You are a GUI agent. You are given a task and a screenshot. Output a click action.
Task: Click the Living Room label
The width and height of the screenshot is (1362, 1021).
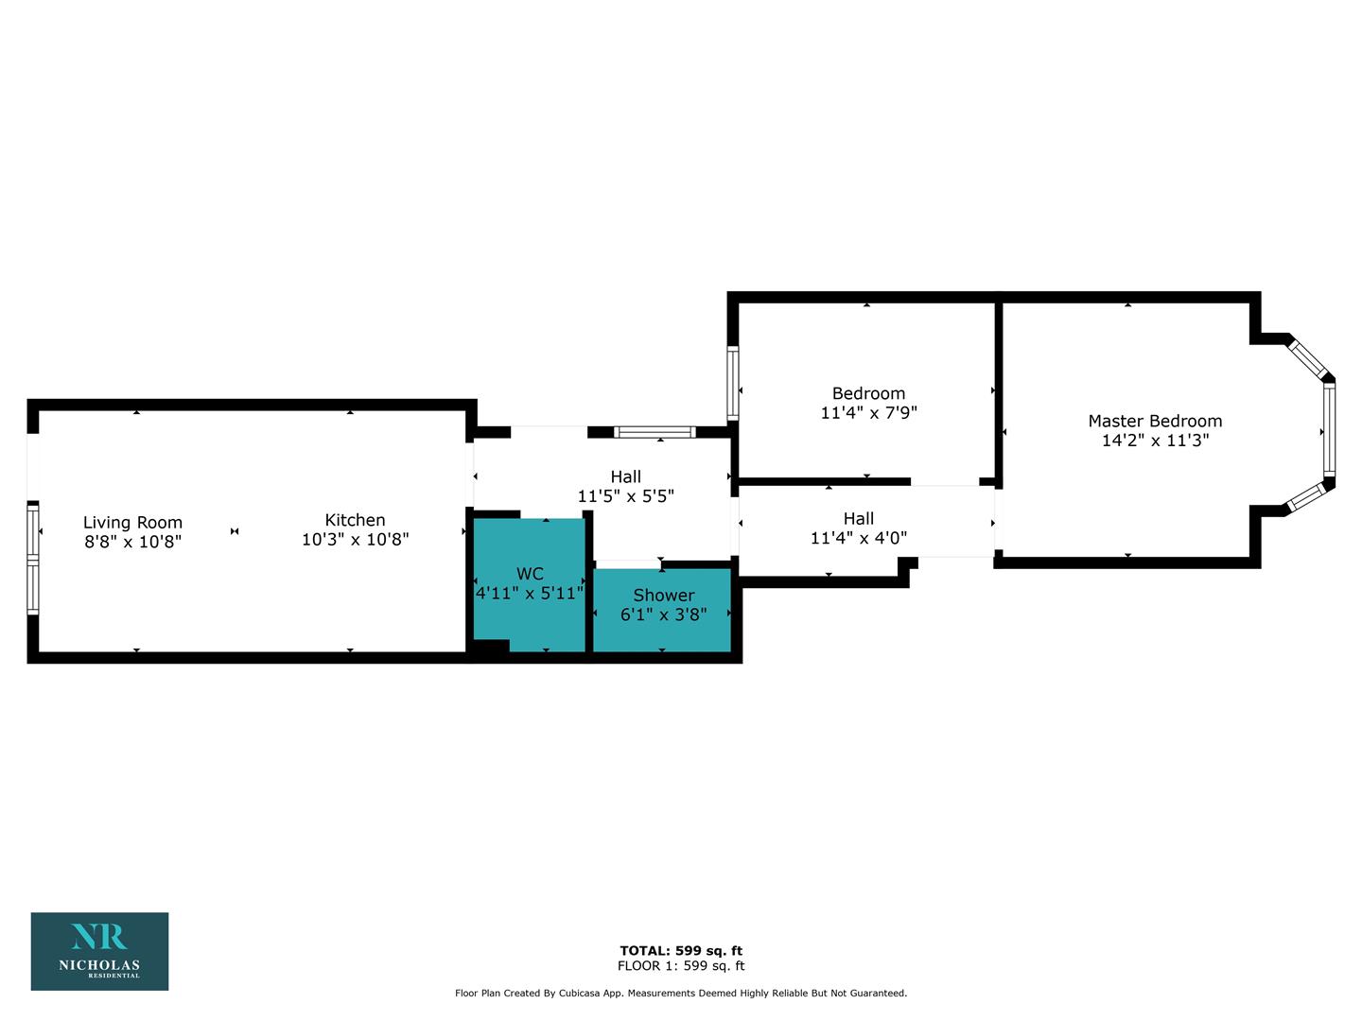click(132, 523)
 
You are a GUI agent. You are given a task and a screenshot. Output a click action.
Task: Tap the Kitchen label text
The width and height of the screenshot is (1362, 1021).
click(355, 520)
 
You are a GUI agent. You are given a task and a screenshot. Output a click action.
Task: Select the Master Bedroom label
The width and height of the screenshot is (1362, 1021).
click(1155, 421)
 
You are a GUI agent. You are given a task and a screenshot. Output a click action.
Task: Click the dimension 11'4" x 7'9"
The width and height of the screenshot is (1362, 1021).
click(868, 413)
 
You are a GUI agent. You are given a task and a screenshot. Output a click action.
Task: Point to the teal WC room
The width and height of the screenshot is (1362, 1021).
click(530, 584)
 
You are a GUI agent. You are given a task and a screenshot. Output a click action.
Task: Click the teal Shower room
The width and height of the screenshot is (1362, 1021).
click(662, 610)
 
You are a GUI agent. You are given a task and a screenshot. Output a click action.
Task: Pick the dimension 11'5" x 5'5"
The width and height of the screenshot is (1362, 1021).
click(625, 496)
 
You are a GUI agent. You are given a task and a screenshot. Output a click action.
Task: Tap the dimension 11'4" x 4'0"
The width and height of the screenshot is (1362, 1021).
click(859, 538)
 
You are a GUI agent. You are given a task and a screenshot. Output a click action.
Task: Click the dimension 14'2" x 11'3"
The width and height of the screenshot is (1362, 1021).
click(1155, 441)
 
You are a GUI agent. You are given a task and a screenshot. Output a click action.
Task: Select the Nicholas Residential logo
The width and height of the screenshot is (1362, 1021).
click(100, 951)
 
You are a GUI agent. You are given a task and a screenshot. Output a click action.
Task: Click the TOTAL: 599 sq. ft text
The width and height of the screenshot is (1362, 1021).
click(681, 950)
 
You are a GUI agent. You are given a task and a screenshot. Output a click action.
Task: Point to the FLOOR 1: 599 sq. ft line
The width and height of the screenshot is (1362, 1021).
click(681, 965)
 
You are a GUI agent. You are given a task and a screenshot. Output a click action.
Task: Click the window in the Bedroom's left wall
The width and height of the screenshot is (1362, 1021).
click(733, 384)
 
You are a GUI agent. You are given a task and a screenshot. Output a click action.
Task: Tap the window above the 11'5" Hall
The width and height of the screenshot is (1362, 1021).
click(655, 432)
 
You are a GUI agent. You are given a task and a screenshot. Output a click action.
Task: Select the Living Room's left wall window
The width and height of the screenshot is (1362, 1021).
click(33, 559)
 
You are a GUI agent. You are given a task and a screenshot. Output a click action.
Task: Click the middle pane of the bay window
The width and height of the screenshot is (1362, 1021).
click(1329, 429)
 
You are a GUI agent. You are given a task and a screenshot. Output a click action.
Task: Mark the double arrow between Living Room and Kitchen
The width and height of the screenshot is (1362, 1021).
click(235, 531)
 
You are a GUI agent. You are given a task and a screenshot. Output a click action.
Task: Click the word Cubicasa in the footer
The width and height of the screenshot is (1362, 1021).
click(582, 993)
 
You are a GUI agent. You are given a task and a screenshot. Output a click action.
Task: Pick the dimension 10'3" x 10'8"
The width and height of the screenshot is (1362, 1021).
click(355, 539)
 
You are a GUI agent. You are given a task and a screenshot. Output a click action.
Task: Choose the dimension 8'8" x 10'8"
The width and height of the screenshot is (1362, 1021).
click(132, 542)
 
